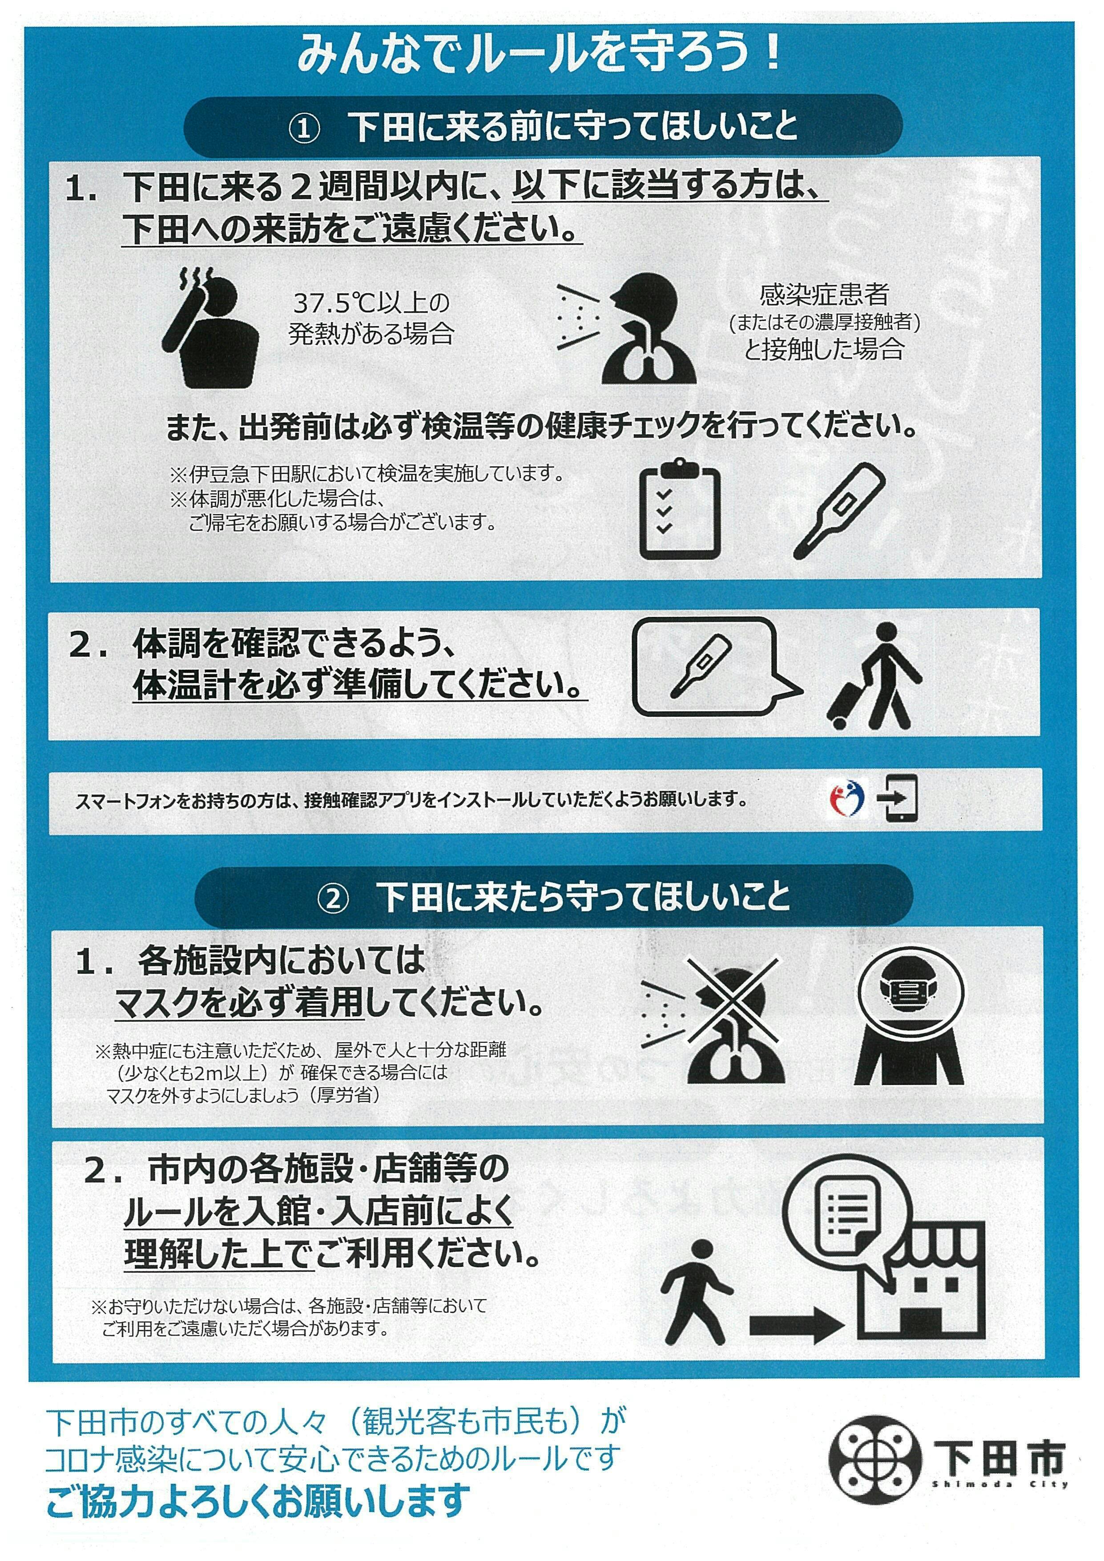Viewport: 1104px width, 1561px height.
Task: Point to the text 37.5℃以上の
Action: tap(371, 302)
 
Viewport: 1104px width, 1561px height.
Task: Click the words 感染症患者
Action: tap(824, 294)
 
